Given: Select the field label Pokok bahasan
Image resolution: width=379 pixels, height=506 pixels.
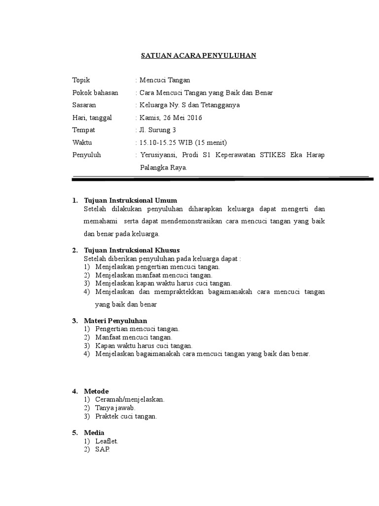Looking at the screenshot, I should [95, 92].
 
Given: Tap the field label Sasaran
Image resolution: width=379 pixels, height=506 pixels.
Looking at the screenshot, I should [84, 105].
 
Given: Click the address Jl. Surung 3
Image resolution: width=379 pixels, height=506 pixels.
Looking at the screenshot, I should [158, 130].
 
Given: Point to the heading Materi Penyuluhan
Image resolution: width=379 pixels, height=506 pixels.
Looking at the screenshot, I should [115, 321].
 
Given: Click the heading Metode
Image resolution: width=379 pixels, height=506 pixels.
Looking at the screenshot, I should [96, 391].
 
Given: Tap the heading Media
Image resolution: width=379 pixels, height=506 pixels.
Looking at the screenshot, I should [94, 433].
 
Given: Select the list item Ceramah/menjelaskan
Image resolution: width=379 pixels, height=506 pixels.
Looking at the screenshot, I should [130, 399].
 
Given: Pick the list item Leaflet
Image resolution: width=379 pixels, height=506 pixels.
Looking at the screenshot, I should [107, 441].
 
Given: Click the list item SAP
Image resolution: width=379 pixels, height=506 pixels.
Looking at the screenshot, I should [101, 449].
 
